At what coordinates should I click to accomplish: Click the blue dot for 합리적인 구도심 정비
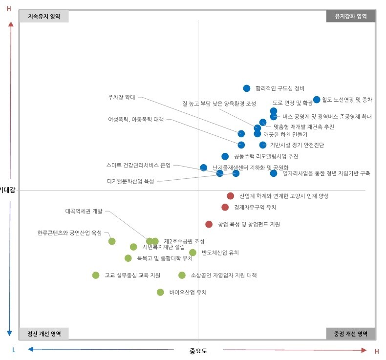tap(247, 88)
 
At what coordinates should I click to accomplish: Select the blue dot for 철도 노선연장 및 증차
tap(317, 100)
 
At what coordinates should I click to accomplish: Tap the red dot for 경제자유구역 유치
tap(225, 207)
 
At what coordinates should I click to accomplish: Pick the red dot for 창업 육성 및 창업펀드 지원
tap(209, 224)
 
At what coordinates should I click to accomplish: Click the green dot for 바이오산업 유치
tap(160, 292)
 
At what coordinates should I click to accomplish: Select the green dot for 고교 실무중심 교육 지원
tap(96, 275)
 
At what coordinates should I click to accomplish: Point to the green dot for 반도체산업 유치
tap(193, 253)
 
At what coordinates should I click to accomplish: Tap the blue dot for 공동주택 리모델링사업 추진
tap(225, 156)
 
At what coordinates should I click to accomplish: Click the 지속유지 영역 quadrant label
tap(44, 16)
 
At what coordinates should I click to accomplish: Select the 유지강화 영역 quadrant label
tap(350, 16)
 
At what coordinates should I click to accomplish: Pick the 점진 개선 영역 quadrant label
tap(44, 334)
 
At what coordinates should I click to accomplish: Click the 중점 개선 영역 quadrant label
tap(350, 334)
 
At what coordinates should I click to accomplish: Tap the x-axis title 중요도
tap(198, 351)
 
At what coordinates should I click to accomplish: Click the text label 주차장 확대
tap(121, 97)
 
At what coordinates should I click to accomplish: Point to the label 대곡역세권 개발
tap(84, 212)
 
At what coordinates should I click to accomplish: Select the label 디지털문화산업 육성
tap(130, 181)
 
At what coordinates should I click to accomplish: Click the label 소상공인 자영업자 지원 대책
tap(223, 275)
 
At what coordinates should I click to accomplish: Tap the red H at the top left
tap(9, 9)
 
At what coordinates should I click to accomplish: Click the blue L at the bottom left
tap(14, 350)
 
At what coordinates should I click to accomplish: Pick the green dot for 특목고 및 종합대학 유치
tap(128, 258)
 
